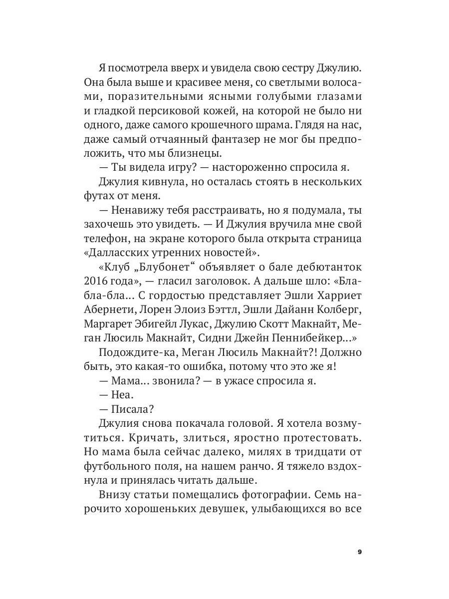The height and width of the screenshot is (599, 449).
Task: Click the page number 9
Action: point(360,552)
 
